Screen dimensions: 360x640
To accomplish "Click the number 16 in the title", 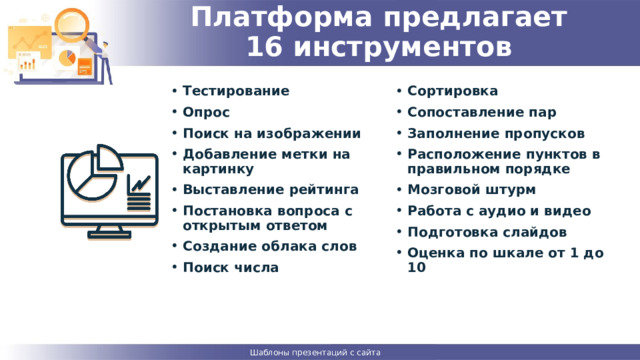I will pyautogui.click(x=264, y=47).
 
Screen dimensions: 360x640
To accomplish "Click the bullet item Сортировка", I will pyautogui.click(x=453, y=90).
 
